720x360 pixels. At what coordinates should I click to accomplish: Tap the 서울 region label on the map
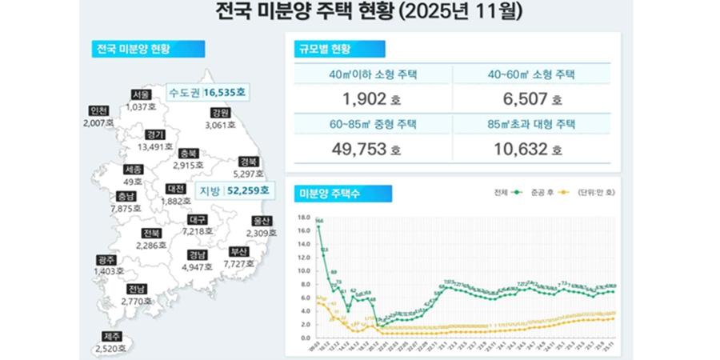pyautogui.click(x=141, y=94)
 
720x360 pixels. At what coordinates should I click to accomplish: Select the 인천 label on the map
pyautogui.click(x=100, y=110)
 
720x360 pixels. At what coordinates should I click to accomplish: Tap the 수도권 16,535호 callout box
pyautogui.click(x=208, y=93)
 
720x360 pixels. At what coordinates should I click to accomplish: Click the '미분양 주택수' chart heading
pyautogui.click(x=334, y=193)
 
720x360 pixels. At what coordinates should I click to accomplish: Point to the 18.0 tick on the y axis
pyautogui.click(x=302, y=217)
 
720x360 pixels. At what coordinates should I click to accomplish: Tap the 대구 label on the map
pyautogui.click(x=195, y=219)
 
